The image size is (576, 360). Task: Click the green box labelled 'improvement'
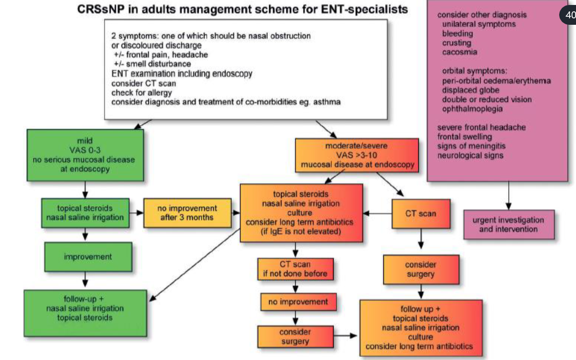(88, 257)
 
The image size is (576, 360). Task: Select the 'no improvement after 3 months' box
(187, 213)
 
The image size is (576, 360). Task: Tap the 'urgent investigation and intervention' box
(508, 225)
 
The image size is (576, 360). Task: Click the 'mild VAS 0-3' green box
(85, 154)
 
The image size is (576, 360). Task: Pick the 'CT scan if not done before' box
(295, 269)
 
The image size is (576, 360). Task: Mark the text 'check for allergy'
(141, 92)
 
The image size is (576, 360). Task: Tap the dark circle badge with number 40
(569, 14)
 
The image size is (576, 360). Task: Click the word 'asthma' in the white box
(326, 102)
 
